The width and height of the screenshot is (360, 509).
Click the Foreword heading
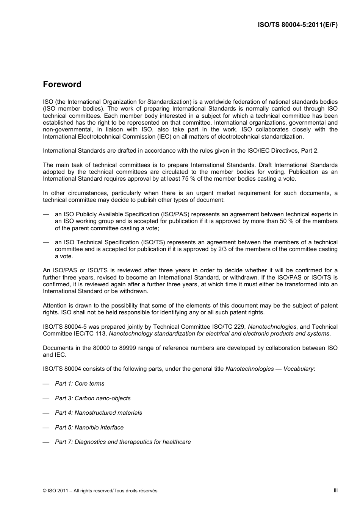click(x=62, y=84)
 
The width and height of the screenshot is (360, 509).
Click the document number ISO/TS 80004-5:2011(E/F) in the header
click(x=297, y=25)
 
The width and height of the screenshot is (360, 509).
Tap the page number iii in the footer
click(x=335, y=490)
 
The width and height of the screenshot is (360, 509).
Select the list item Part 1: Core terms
click(x=80, y=384)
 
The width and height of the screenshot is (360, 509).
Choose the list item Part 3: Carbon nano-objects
click(x=92, y=398)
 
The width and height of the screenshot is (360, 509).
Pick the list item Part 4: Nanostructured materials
click(x=99, y=413)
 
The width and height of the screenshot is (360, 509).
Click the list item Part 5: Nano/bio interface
click(x=89, y=428)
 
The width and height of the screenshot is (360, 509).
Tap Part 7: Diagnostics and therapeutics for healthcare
click(x=123, y=442)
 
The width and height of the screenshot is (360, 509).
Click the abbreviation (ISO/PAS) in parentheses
click(x=174, y=214)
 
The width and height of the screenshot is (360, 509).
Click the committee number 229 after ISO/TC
click(x=239, y=327)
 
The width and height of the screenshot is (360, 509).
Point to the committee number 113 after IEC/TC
click(x=100, y=334)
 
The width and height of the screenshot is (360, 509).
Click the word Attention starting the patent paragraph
click(x=55, y=306)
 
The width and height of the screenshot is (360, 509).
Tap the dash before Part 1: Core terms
click(x=46, y=384)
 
